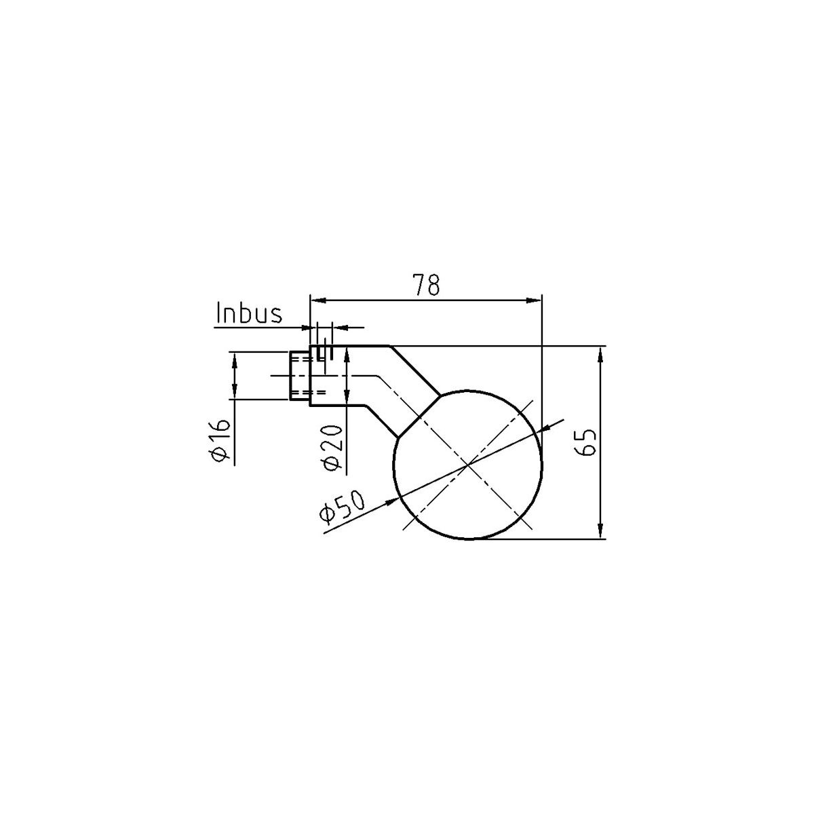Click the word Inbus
click(x=249, y=314)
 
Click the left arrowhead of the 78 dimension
click(x=318, y=301)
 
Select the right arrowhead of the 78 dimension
click(x=534, y=301)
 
